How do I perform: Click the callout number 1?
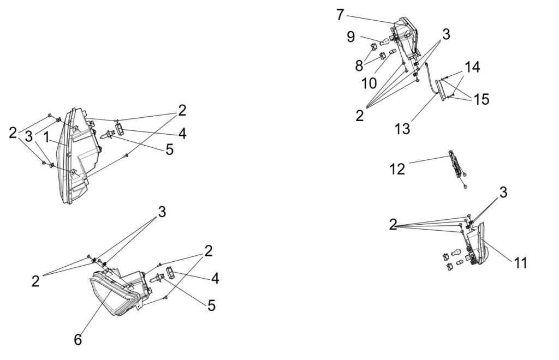(47, 137)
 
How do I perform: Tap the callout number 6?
(78, 339)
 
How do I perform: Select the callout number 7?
(341, 15)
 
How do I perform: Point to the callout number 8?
(359, 66)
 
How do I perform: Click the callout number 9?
(350, 37)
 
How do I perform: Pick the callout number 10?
(369, 83)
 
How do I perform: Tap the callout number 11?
(520, 262)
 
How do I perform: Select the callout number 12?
(397, 169)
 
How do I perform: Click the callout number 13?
(402, 129)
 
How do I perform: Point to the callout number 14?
(473, 68)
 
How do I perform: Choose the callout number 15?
(481, 99)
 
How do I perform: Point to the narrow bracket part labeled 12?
(455, 164)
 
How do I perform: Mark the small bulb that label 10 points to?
(391, 53)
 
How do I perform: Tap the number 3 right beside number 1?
(29, 137)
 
